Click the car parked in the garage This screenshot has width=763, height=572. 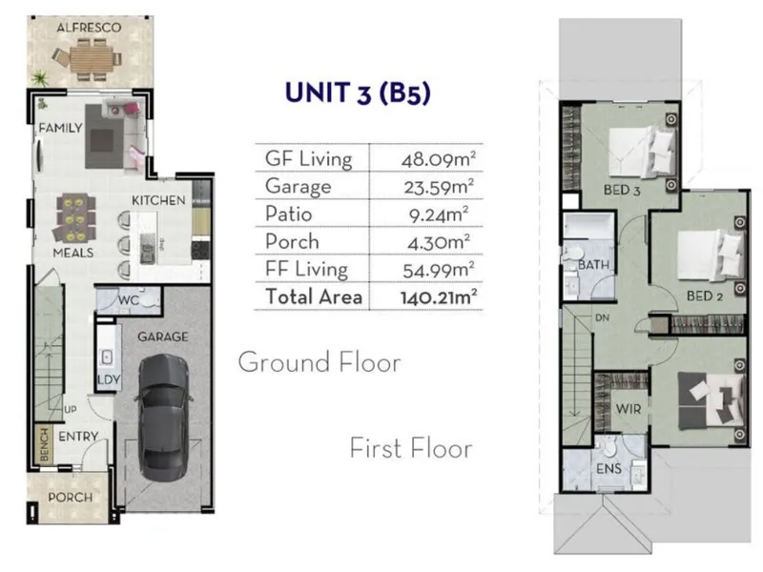pos(163,418)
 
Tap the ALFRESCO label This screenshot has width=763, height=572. pos(89,28)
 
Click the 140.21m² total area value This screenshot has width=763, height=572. pos(438,297)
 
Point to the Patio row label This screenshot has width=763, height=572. pos(289,214)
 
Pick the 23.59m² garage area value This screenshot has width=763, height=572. pos(439,187)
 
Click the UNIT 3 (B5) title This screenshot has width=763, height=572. pos(358,92)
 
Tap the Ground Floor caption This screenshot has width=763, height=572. pos(320,362)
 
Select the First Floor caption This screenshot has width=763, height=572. pos(411,448)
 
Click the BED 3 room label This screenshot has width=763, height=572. pos(622,190)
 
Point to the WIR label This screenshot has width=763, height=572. pos(629,409)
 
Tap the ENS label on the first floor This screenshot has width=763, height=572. pos(608,468)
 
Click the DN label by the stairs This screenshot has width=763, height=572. pos(602,317)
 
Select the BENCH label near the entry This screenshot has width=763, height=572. pos(44,444)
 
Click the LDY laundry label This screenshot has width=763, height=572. pos(109,379)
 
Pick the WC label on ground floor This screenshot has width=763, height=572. pos(129,300)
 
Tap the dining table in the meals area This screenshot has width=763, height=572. pos(76,218)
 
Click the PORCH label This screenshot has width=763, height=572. pos(70,497)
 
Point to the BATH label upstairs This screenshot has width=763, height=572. pos(593,265)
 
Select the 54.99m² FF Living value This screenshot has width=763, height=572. pos(439,270)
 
